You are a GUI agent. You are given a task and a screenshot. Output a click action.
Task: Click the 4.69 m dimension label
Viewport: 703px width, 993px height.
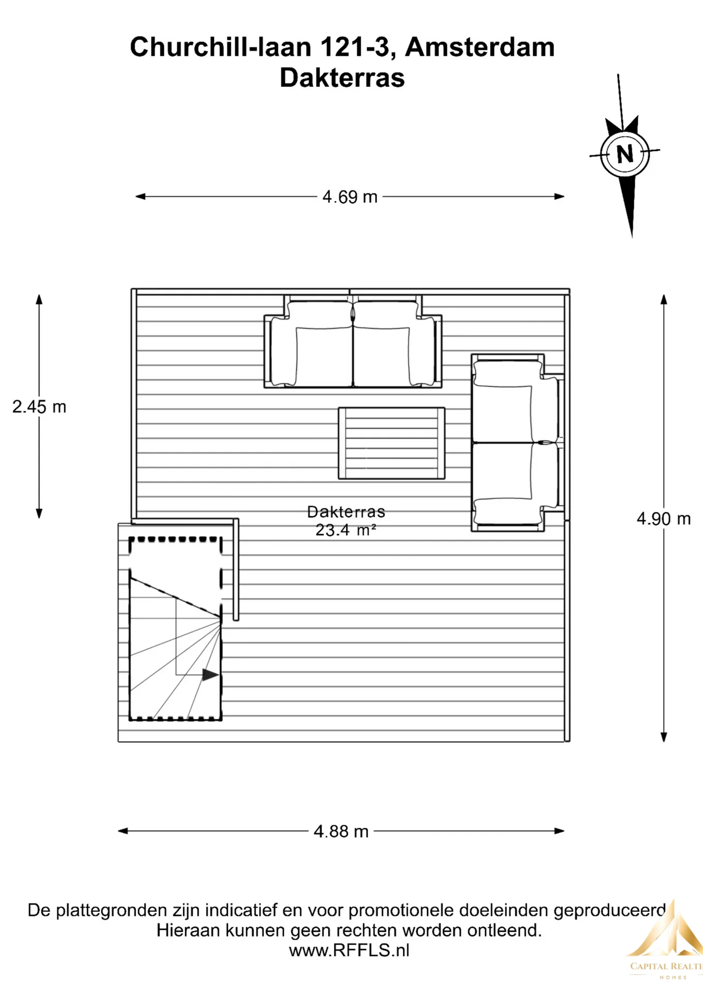[x=349, y=197]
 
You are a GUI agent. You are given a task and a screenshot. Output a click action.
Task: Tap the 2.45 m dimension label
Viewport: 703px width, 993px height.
[x=39, y=407]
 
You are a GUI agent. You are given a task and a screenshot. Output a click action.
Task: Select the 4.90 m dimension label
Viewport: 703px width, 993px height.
[x=664, y=519]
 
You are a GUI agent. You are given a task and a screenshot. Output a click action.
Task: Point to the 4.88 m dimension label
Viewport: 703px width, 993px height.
[x=341, y=831]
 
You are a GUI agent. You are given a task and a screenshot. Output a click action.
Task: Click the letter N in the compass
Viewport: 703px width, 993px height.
[x=625, y=154]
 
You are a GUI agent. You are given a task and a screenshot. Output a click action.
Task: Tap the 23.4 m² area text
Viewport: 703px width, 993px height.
[x=346, y=530]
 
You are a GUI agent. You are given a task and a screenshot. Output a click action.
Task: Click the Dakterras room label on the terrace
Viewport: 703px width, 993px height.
[x=346, y=512]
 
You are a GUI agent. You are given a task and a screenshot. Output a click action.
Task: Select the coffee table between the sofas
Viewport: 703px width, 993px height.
[x=391, y=443]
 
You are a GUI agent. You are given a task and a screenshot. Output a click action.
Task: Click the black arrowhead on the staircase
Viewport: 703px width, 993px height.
[x=210, y=674]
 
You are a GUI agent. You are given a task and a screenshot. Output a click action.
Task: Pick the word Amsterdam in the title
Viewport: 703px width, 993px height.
[x=479, y=47]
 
